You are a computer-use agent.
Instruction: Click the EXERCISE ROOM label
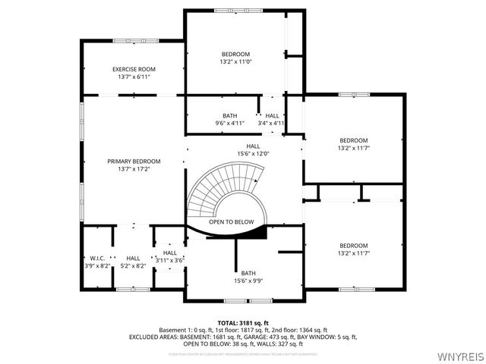coord(134,69)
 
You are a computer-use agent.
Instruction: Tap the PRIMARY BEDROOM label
coord(134,161)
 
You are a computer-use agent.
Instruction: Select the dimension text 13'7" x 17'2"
coord(134,169)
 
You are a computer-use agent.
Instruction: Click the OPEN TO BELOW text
coord(232,221)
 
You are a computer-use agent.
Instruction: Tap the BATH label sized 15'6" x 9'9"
coord(248,273)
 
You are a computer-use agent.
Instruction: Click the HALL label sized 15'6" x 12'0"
coord(253,146)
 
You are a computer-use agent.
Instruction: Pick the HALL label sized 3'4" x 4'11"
coord(271,115)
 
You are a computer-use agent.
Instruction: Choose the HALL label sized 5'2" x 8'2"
coord(134,258)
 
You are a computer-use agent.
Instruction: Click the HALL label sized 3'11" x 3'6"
coord(170,253)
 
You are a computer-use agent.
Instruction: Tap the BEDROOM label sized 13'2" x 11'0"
coord(235,54)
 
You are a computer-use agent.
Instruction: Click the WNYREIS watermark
coord(460,355)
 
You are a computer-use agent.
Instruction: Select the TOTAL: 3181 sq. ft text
coord(243,323)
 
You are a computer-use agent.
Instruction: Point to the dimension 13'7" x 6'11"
coord(134,77)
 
